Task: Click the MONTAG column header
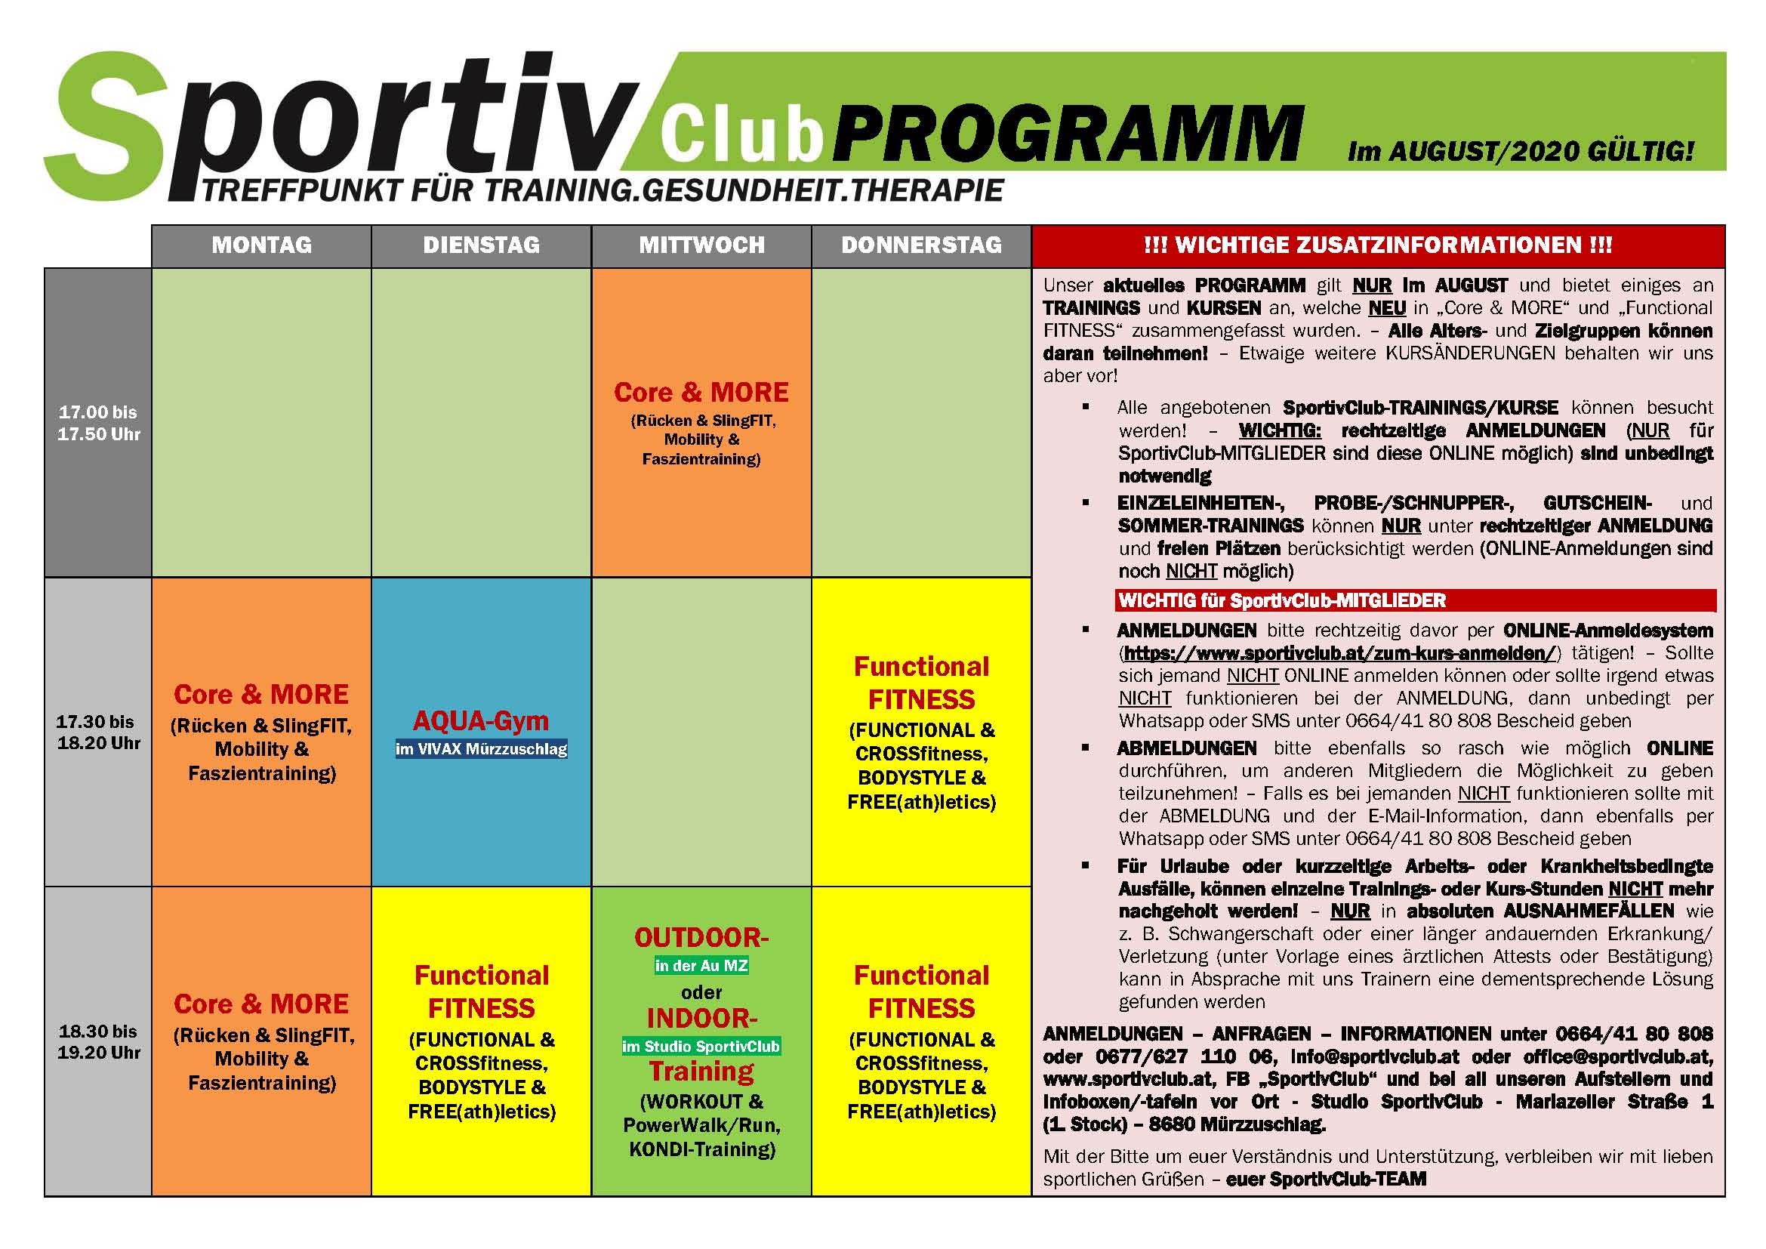pos(261,245)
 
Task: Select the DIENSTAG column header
pos(482,245)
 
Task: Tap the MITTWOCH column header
pos(701,245)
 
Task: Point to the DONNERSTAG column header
pos(921,245)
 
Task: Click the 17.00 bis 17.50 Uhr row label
pos(98,423)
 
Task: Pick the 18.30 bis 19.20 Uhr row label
pos(98,1041)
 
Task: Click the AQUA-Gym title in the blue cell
pos(482,720)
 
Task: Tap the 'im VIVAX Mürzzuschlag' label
pos(482,749)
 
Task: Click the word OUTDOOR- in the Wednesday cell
pos(701,938)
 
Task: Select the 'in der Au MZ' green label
pos(701,966)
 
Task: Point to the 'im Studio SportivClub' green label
pos(701,1046)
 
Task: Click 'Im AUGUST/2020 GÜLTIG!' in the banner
pos(1521,152)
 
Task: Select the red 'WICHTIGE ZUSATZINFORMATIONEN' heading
pos(1379,245)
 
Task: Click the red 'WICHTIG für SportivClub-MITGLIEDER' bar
pos(1415,600)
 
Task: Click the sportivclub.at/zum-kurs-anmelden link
pos(1339,654)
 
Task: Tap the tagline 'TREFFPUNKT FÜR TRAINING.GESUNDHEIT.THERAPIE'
pos(603,191)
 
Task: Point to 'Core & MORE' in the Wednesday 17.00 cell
pos(701,392)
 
